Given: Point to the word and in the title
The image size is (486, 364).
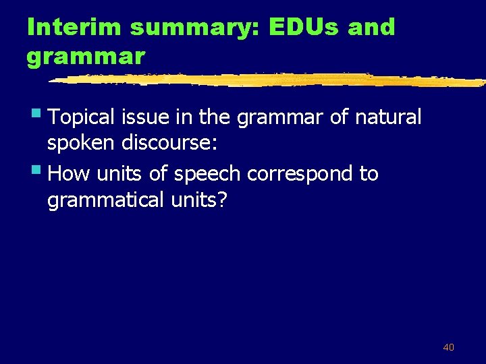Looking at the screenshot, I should click(372, 28).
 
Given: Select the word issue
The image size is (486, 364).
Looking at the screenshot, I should click(145, 117).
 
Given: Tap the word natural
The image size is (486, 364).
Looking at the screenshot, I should click(387, 117).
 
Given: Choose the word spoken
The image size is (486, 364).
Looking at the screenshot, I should click(81, 144).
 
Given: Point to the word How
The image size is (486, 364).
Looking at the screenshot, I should click(70, 174).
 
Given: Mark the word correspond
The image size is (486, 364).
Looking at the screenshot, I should click(300, 175).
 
